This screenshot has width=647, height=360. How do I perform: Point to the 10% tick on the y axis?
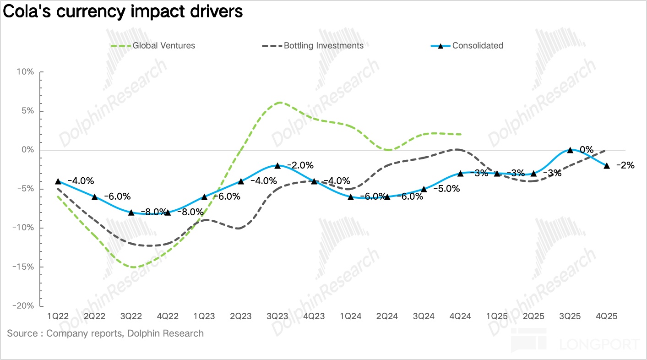(25, 72)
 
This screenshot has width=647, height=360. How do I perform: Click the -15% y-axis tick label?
(23, 267)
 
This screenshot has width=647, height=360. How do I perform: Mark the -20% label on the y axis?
(23, 306)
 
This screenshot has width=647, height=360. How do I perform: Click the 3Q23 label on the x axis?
(277, 316)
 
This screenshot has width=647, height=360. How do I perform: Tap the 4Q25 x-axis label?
(607, 316)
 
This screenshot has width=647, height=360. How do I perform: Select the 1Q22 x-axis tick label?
(58, 316)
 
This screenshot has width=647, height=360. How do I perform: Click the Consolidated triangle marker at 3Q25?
(570, 150)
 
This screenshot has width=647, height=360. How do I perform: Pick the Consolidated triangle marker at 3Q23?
(277, 165)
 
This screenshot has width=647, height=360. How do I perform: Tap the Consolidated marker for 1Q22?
(58, 181)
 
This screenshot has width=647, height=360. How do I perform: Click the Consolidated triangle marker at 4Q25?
(607, 165)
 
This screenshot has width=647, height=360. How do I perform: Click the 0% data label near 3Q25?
(586, 149)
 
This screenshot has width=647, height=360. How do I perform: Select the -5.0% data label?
(446, 188)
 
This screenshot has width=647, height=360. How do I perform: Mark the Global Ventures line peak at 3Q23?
(278, 103)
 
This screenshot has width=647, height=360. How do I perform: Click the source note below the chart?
(105, 333)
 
